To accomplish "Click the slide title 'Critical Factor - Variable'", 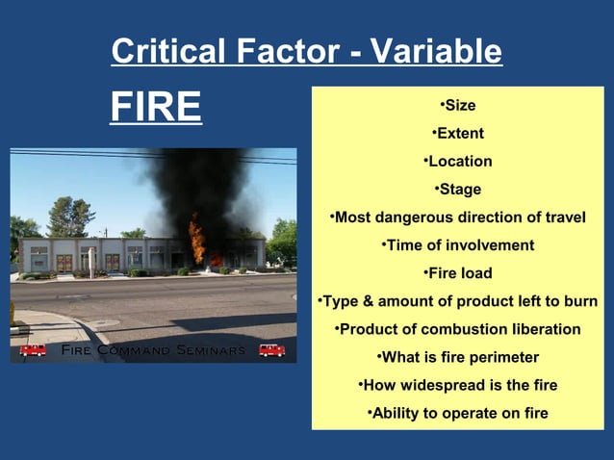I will tap(306, 51).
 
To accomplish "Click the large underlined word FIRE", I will tap(156, 108).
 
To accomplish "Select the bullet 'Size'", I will tap(457, 106).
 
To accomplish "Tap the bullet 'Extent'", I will tap(457, 134).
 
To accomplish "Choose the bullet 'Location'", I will tap(457, 162).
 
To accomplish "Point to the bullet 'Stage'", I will tap(457, 190).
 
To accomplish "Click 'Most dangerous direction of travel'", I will tap(457, 217).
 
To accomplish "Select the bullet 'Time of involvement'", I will tap(457, 245).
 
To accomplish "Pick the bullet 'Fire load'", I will tap(457, 273).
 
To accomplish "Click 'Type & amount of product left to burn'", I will tap(457, 301).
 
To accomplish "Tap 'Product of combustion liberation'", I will tap(457, 329).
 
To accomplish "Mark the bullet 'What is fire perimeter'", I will tap(457, 358).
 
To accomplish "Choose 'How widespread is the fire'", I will tap(457, 386).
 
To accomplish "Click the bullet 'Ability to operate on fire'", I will tap(457, 414).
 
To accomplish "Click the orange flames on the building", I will tap(197, 241).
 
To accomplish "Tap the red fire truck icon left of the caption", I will tap(33, 350).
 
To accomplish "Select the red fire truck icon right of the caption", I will tap(271, 350).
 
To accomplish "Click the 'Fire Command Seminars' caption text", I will tap(152, 350).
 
